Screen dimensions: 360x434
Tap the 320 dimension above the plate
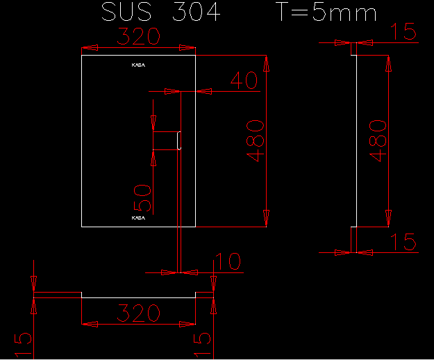coord(138,36)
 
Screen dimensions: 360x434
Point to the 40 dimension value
coord(243,81)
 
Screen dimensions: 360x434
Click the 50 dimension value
coord(142,197)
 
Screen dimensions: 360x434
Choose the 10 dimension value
coord(226,261)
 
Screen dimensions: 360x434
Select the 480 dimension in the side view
coord(376,140)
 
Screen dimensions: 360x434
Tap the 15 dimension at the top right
coord(403,31)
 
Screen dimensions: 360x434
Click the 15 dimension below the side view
coord(403,242)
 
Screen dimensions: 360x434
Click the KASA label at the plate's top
coord(139,65)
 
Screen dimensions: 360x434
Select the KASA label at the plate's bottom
coord(139,218)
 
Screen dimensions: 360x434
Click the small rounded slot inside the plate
coord(179,140)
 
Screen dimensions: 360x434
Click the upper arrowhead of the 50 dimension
coord(153,122)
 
